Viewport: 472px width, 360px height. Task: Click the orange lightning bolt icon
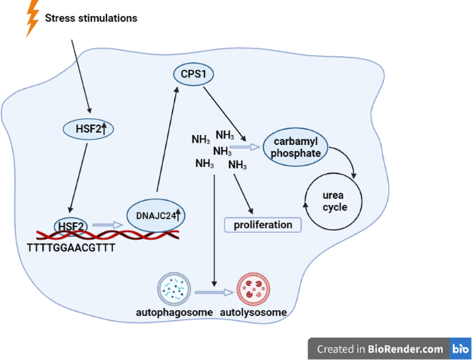(31, 19)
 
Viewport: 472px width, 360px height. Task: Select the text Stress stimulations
(91, 18)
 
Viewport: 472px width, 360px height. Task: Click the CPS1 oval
(188, 74)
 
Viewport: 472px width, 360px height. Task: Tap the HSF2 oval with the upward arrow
(90, 128)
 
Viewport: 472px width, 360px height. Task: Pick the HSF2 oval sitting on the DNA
(72, 226)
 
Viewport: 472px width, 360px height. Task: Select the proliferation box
(263, 225)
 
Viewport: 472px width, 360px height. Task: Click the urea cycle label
(334, 201)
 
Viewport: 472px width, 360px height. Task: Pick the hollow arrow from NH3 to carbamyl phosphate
(245, 146)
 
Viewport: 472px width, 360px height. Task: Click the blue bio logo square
(458, 348)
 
